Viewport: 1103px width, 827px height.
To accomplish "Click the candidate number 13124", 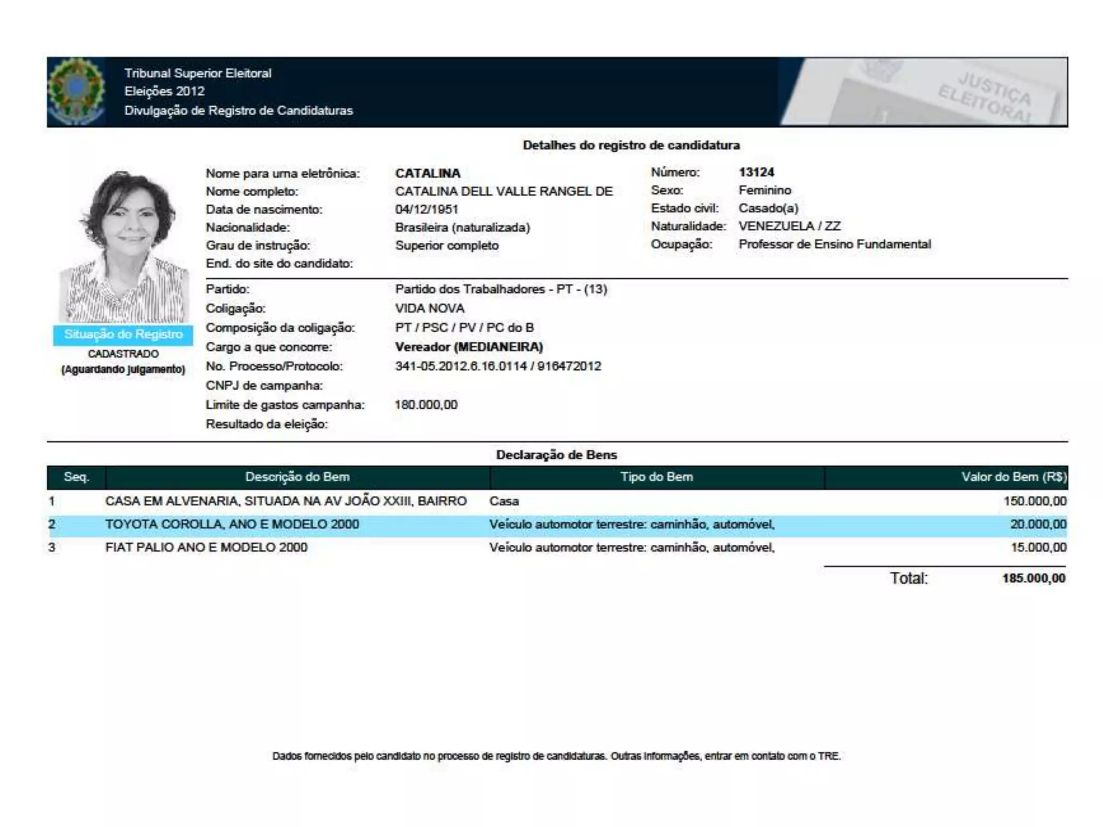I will pyautogui.click(x=756, y=172).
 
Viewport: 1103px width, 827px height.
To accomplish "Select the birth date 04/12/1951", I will pyautogui.click(x=426, y=209).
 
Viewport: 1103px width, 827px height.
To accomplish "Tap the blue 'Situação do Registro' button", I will pyautogui.click(x=123, y=334).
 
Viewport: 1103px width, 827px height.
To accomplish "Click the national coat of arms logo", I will pyautogui.click(x=76, y=92).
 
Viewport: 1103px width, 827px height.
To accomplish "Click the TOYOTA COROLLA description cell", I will pyautogui.click(x=232, y=524).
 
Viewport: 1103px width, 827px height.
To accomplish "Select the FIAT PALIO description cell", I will pyautogui.click(x=206, y=548).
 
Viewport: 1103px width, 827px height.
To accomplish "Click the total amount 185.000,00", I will pyautogui.click(x=1034, y=578).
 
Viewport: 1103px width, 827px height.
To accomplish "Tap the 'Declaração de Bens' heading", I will pyautogui.click(x=556, y=455).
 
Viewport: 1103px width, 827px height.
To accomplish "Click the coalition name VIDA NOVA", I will pyautogui.click(x=429, y=309).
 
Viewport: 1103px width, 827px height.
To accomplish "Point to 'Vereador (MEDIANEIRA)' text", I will pyautogui.click(x=469, y=347).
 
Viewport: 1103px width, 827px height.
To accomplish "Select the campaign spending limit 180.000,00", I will pyautogui.click(x=426, y=405).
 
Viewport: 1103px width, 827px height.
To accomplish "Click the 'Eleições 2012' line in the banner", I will pyautogui.click(x=164, y=92).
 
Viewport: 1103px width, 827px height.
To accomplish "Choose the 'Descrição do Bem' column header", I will pyautogui.click(x=297, y=477).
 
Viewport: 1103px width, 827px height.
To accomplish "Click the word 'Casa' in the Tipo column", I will pyautogui.click(x=504, y=501).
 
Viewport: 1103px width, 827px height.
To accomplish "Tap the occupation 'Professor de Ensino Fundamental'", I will pyautogui.click(x=834, y=244).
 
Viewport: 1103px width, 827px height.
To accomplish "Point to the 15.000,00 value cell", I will pyautogui.click(x=1038, y=548).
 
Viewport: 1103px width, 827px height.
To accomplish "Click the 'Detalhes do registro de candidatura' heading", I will pyautogui.click(x=631, y=145).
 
